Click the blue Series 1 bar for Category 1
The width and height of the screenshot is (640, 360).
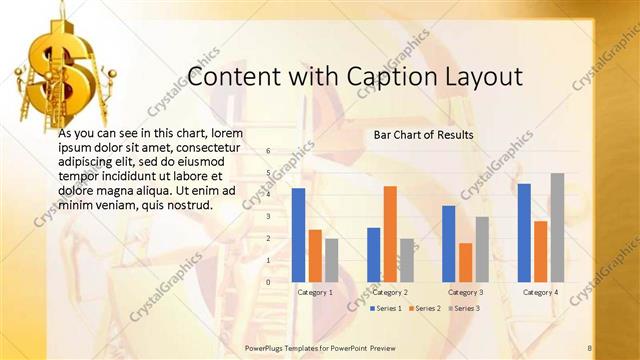(298, 235)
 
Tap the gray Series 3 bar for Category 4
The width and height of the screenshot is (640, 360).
(557, 227)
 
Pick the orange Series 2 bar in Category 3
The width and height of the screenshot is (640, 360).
(465, 262)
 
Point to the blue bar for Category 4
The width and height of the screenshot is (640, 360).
(524, 233)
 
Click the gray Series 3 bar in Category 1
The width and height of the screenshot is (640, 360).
(331, 260)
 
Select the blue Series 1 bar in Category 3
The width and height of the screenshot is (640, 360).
(449, 244)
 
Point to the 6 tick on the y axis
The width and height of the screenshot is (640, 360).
(269, 150)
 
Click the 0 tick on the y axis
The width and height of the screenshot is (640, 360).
(269, 282)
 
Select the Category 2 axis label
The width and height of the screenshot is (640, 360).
(390, 292)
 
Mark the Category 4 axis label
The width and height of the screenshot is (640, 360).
(540, 292)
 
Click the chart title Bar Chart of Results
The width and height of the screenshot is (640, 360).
(423, 134)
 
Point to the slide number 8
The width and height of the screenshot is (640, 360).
(590, 347)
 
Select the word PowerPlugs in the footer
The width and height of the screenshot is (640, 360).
(264, 347)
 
